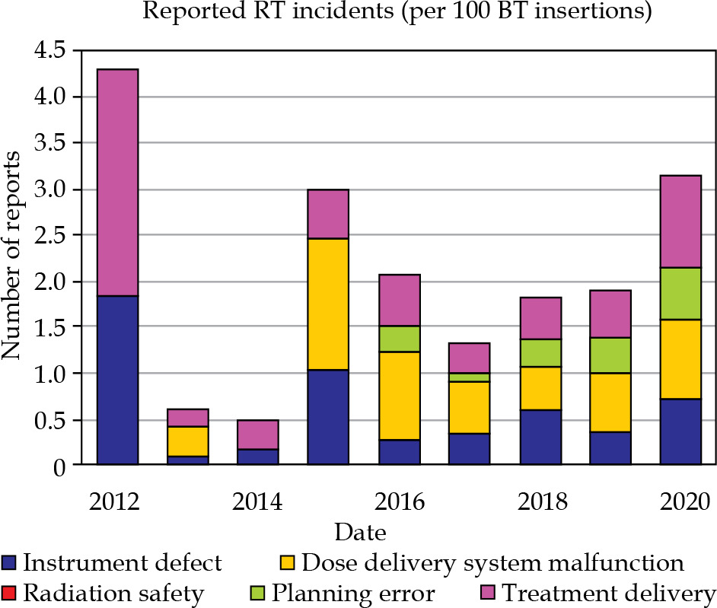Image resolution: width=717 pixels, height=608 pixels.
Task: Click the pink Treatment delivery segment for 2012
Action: [x=117, y=183]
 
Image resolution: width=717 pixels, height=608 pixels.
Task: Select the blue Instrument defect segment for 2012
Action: [x=117, y=380]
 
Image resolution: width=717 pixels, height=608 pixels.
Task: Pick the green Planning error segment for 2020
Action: [x=680, y=294]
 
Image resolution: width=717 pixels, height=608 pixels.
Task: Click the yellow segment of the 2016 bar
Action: [x=400, y=396]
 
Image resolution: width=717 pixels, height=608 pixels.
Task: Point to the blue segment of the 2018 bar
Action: [x=540, y=437]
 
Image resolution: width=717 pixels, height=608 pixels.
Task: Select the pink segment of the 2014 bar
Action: [x=258, y=435]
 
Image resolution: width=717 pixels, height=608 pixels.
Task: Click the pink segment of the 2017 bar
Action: [x=470, y=358]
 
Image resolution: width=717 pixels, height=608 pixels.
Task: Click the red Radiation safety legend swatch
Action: [x=10, y=593]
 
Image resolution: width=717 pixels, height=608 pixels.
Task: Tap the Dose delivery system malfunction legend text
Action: [x=492, y=562]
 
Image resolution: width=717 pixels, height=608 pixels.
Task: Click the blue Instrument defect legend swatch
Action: [x=10, y=563]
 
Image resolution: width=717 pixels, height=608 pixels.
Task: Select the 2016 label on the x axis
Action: [x=400, y=502]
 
